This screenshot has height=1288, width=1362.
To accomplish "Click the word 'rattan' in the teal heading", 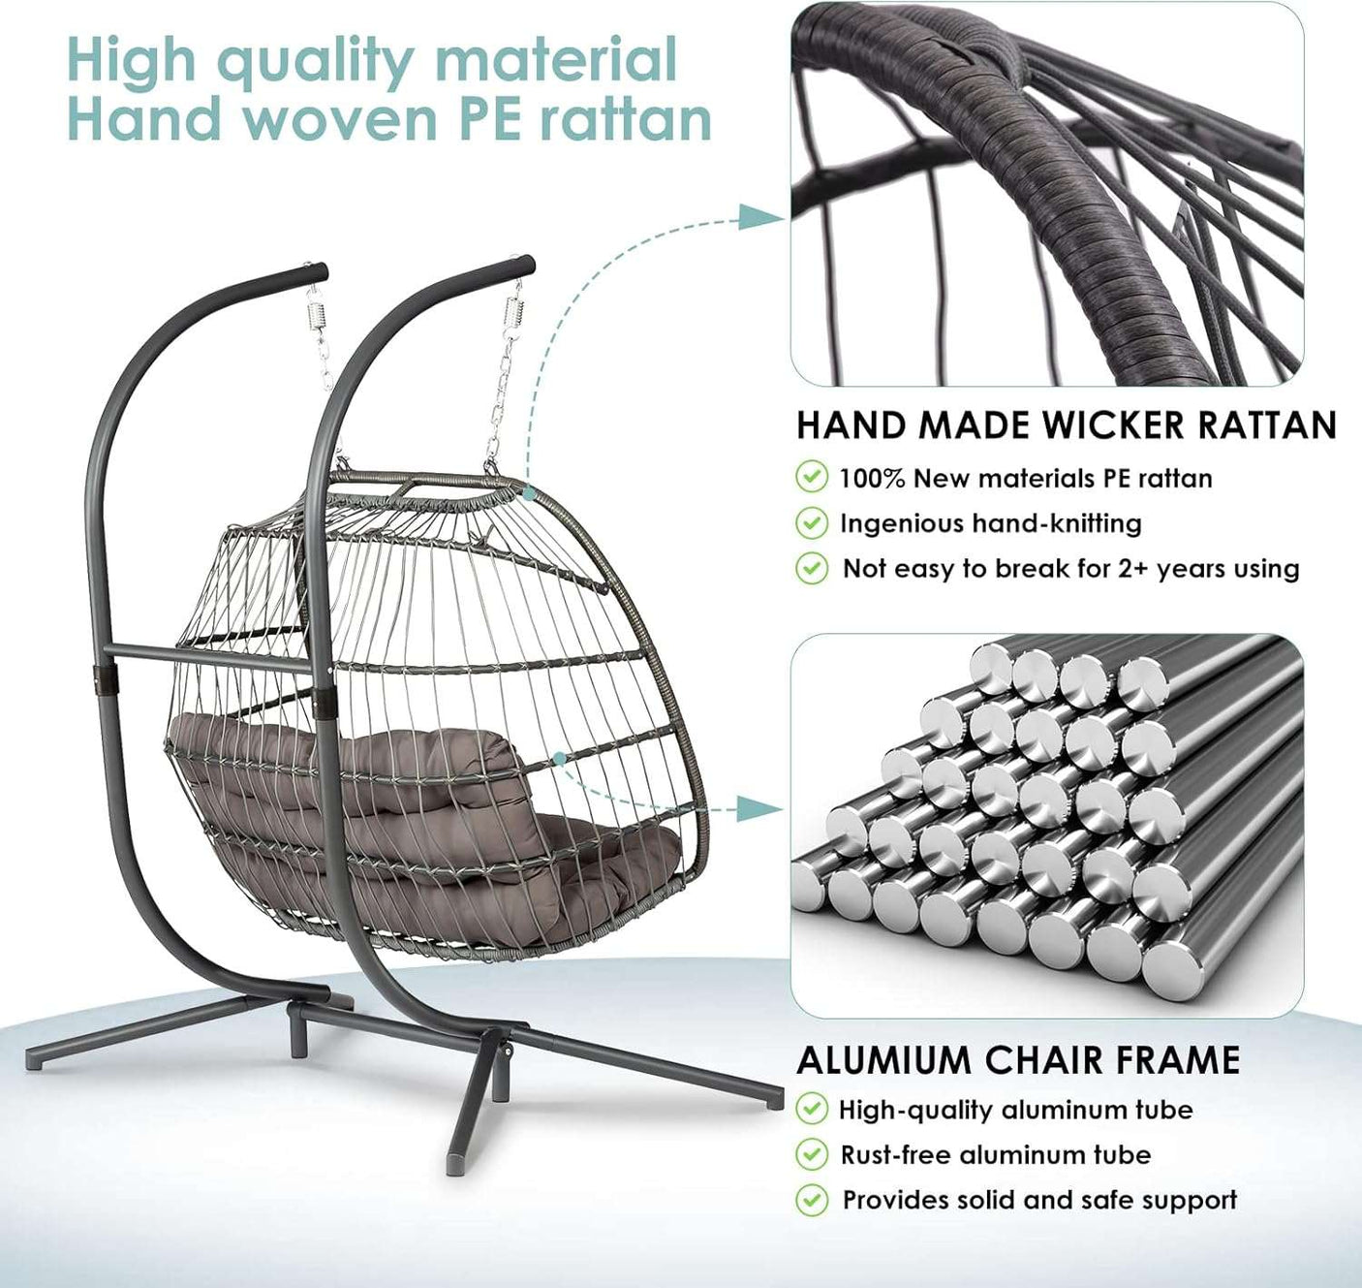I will click(x=626, y=120).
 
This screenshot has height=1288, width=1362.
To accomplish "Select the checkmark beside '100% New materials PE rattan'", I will click(x=811, y=478).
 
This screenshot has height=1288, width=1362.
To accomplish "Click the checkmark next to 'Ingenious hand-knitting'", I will click(x=811, y=523).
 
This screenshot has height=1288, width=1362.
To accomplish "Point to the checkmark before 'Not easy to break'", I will click(x=811, y=568).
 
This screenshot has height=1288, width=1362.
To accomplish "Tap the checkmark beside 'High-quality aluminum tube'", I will click(x=811, y=1110).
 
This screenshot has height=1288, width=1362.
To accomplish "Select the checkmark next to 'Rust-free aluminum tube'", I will click(x=811, y=1154).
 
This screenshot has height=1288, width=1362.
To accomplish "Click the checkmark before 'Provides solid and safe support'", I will click(x=811, y=1200).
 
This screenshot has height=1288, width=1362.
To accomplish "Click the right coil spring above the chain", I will click(x=513, y=313).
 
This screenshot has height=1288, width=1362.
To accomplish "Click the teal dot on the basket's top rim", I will click(x=529, y=493).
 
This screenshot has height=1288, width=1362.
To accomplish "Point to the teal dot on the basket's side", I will click(x=559, y=758).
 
